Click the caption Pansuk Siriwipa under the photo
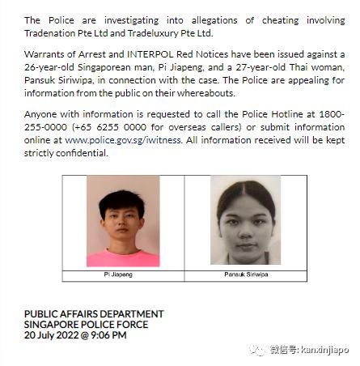point(246,275)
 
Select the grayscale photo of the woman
point(246,221)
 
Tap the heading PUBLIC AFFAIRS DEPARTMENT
point(94,313)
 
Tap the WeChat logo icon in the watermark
point(256,350)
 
